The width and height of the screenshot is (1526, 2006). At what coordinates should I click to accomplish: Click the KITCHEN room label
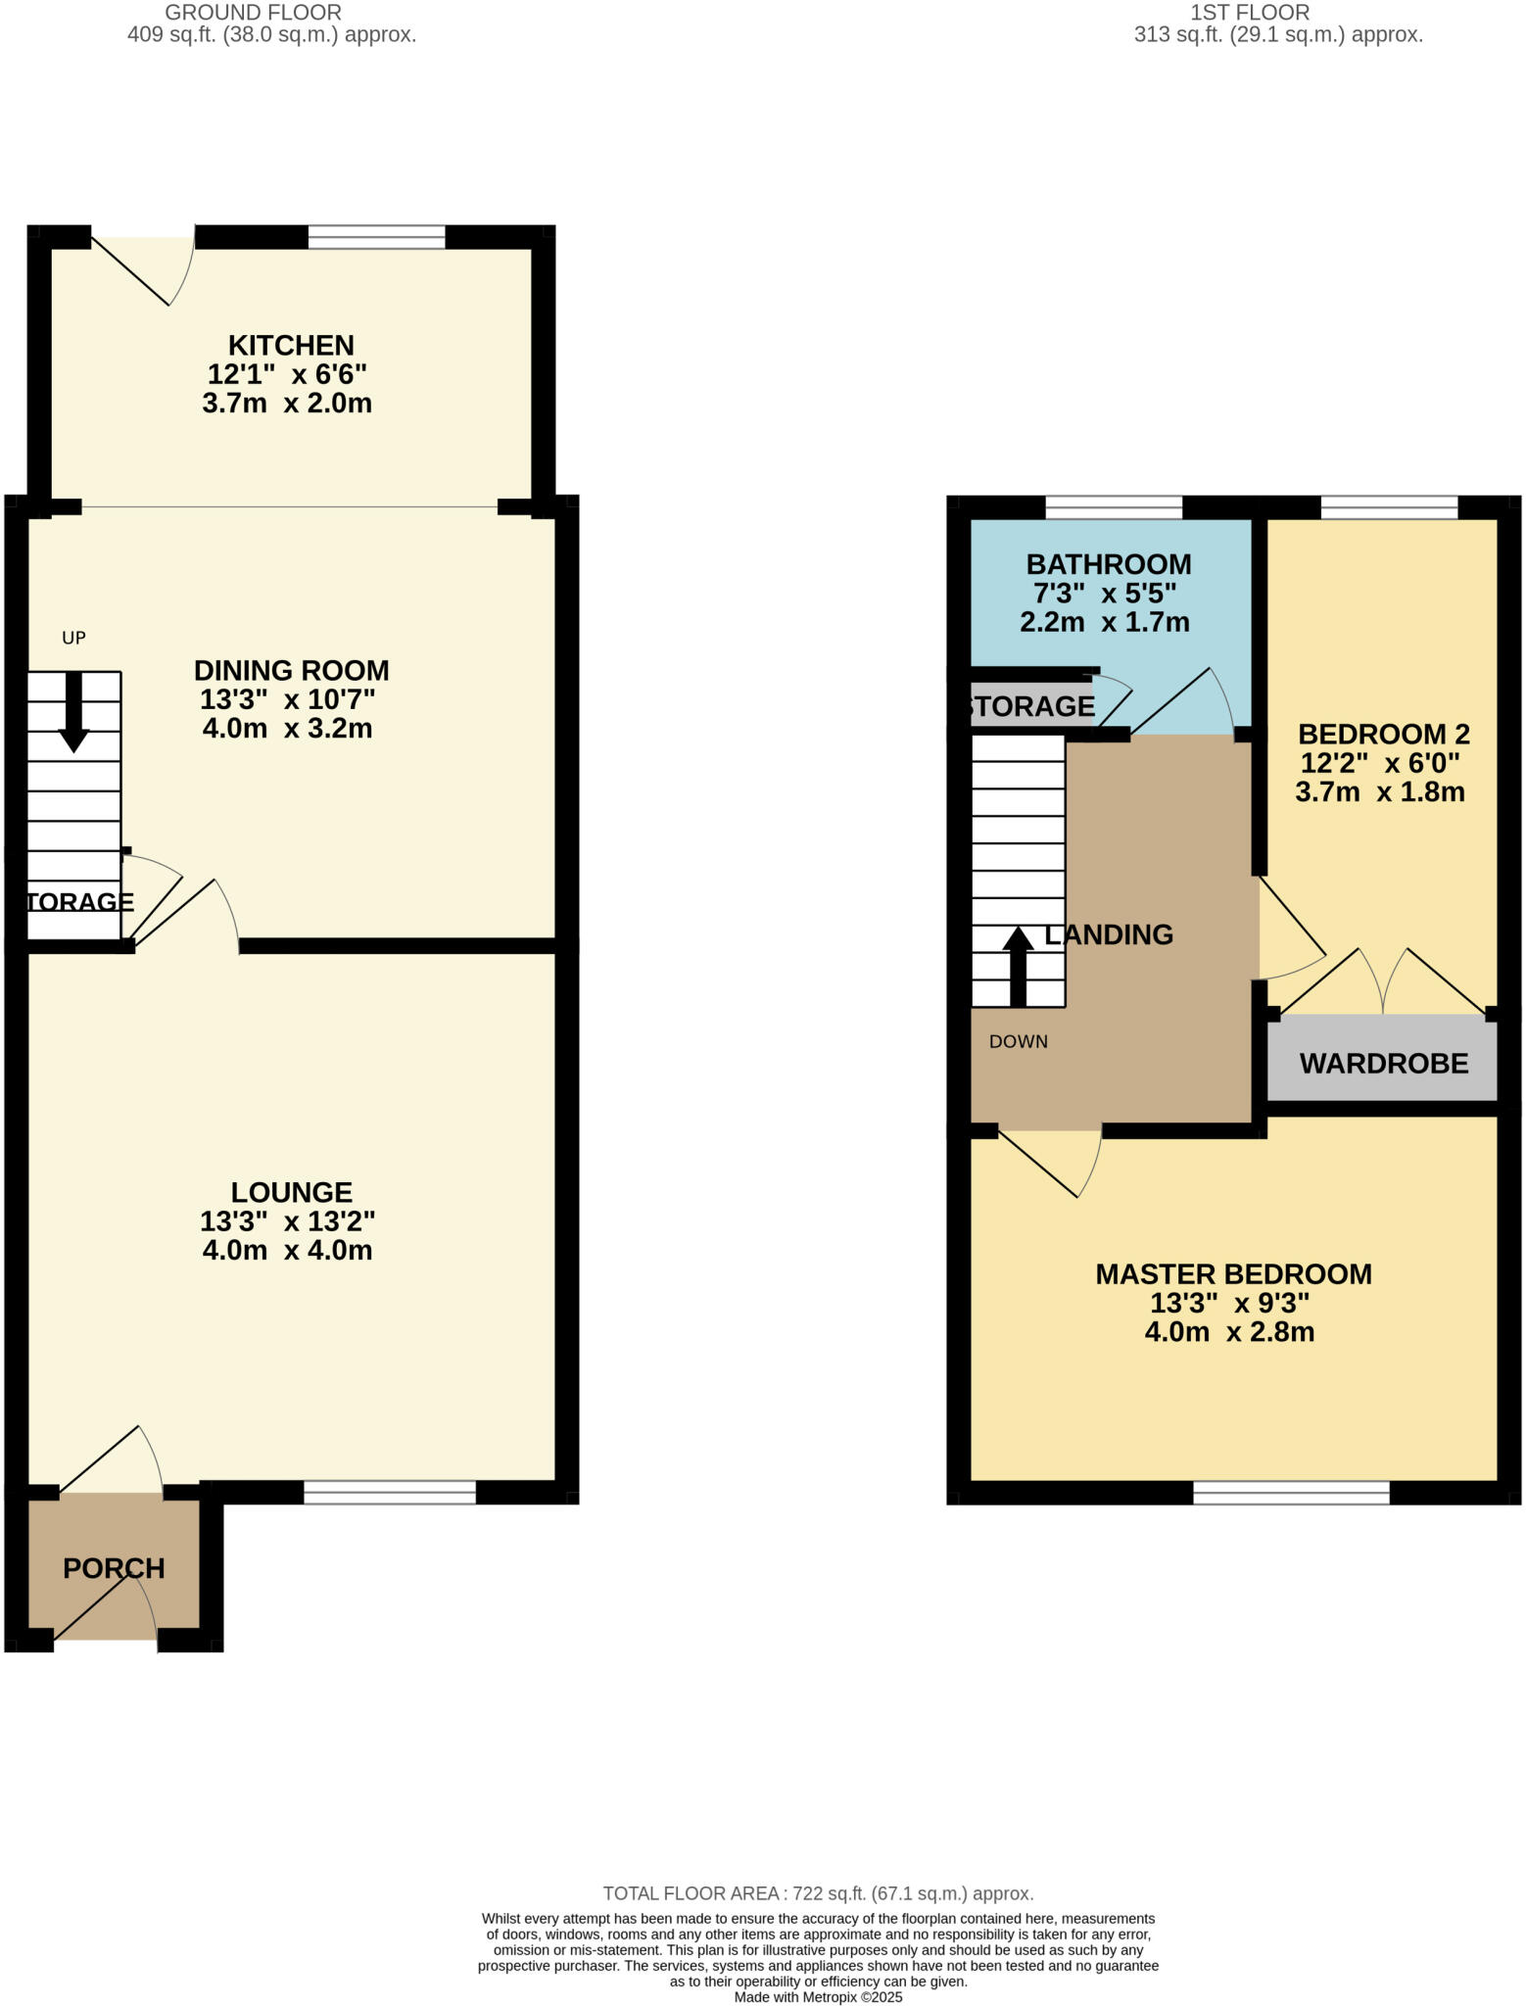coord(291,346)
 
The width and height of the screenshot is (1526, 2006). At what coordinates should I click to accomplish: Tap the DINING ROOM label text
coord(291,671)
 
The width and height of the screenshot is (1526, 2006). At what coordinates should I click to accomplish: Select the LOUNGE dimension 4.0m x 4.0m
coord(287,1251)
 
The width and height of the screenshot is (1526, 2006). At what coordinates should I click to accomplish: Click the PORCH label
coord(114,1568)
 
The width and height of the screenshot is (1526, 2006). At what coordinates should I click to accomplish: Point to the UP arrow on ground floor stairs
coord(73,711)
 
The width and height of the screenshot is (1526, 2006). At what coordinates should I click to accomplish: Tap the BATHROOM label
coord(1108,564)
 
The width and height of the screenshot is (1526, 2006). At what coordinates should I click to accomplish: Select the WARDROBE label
coord(1383,1064)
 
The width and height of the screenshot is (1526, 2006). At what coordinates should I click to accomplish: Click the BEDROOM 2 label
coord(1383,734)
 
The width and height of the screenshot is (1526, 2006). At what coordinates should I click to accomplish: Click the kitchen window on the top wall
coord(376,236)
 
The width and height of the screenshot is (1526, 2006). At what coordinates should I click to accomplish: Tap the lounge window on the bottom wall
coord(389,1492)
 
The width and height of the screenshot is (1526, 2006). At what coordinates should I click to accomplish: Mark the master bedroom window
coord(1290,1492)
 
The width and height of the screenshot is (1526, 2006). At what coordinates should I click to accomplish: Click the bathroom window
coord(1113,507)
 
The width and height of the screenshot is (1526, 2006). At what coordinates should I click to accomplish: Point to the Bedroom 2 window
coord(1388,507)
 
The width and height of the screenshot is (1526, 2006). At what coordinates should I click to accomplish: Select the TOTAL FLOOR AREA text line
coord(818,1893)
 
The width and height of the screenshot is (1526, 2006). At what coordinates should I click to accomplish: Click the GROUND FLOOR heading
coord(253,13)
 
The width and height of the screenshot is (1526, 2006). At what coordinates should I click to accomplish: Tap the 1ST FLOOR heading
coord(1249,13)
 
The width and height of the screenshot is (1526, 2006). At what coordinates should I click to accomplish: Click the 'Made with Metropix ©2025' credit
coord(818,1996)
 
